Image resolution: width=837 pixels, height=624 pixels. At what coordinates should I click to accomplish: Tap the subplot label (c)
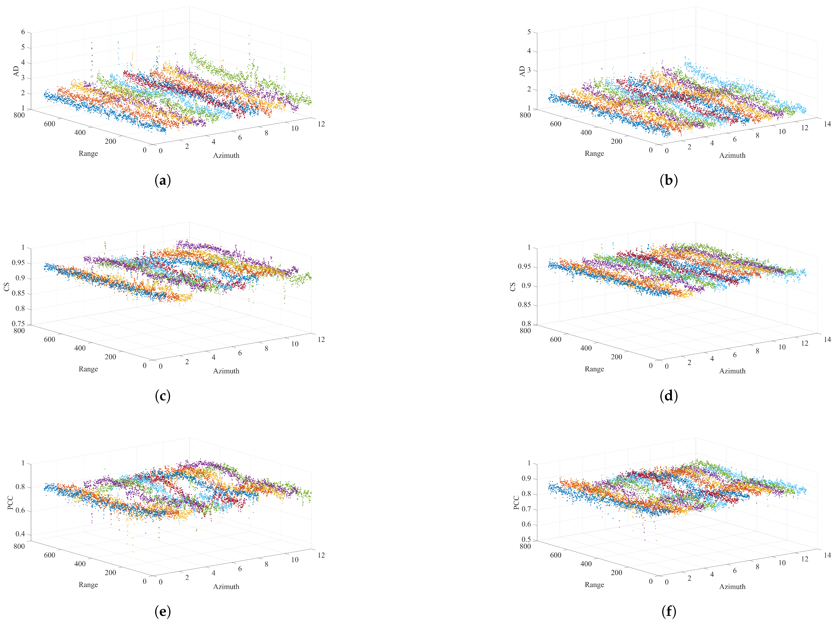163,396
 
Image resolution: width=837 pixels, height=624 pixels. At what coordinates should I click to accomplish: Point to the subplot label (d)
669,396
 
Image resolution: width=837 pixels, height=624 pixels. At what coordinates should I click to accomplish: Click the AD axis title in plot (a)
16,71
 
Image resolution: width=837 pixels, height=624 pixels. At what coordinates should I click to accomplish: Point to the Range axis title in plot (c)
88,369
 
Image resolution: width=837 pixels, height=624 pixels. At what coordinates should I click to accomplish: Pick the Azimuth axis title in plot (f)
732,587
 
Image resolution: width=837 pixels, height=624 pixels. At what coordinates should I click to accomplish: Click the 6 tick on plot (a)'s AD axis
23,32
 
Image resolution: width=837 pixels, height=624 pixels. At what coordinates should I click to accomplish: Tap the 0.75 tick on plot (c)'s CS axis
18,324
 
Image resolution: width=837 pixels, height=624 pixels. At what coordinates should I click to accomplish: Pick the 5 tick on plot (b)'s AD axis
529,32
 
